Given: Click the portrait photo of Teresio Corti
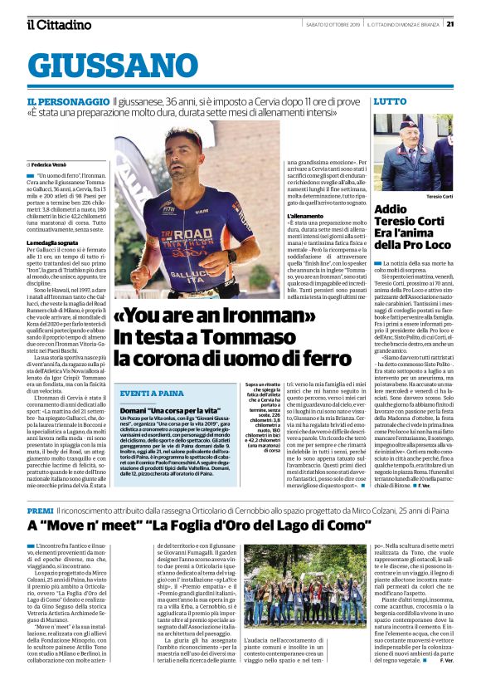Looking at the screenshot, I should [407, 153].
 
